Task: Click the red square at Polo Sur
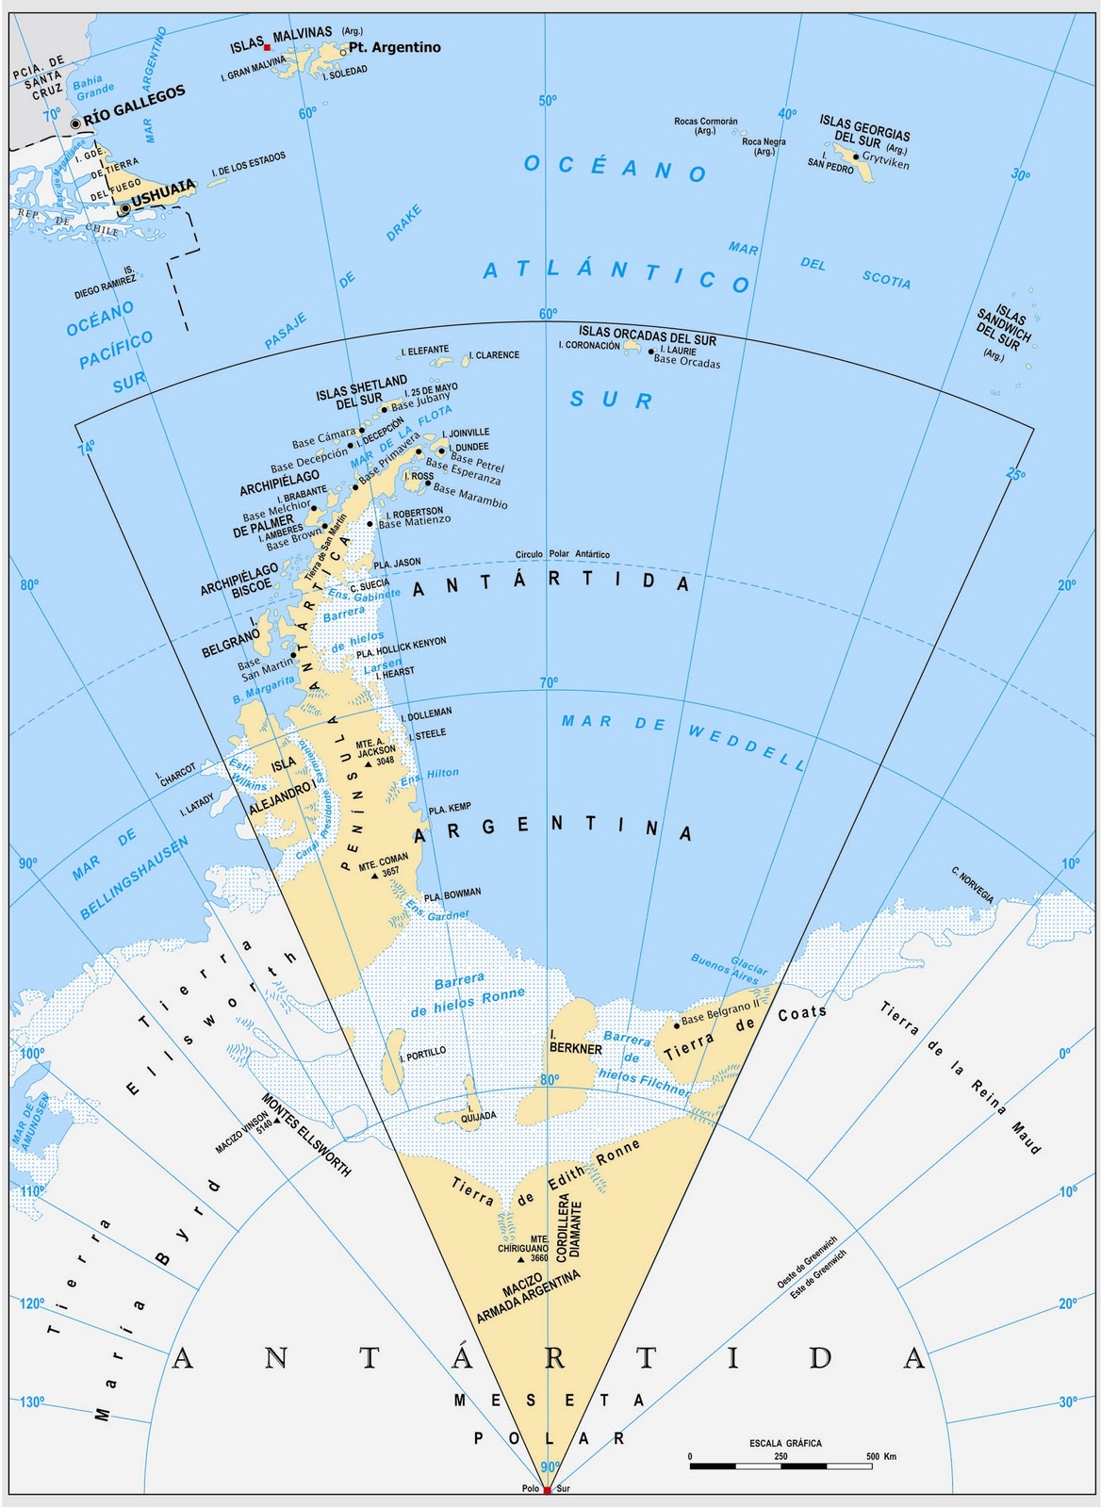tap(547, 1489)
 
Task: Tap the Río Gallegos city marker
tap(75, 123)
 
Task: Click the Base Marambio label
tap(470, 497)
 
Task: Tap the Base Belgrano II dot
tap(677, 1024)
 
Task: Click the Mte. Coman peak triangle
tap(374, 876)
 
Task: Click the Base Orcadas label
tap(686, 362)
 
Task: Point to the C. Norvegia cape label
tap(973, 887)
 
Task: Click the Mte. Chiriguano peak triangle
tap(519, 1259)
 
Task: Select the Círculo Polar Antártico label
tap(562, 554)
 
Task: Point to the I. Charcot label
tap(177, 775)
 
